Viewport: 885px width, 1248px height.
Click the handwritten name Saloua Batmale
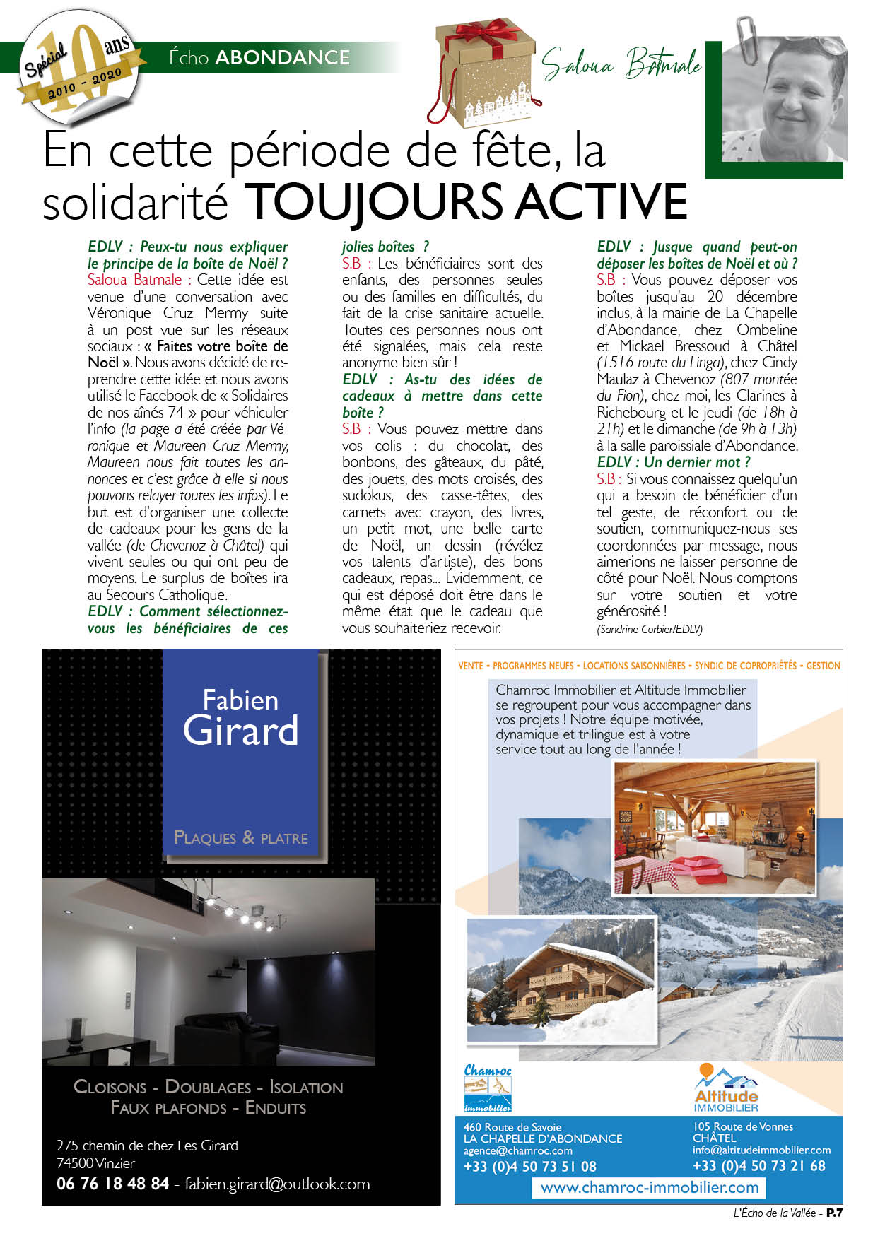tap(621, 64)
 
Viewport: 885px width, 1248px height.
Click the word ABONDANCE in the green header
tap(282, 57)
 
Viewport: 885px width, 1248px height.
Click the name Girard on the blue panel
tap(240, 730)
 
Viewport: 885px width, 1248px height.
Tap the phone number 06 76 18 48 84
tap(112, 1183)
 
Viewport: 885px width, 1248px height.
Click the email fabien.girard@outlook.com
tap(277, 1184)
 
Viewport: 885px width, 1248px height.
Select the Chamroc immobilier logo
tap(488, 1088)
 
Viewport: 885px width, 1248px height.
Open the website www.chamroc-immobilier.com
tap(649, 1187)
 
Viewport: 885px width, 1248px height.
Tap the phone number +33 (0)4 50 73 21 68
tap(758, 1166)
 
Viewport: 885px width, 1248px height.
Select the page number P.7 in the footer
tap(834, 1213)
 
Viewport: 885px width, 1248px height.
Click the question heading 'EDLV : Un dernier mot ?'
tap(673, 462)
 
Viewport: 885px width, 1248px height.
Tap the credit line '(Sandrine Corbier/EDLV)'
tap(649, 629)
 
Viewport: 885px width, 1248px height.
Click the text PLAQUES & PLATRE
tap(241, 838)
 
